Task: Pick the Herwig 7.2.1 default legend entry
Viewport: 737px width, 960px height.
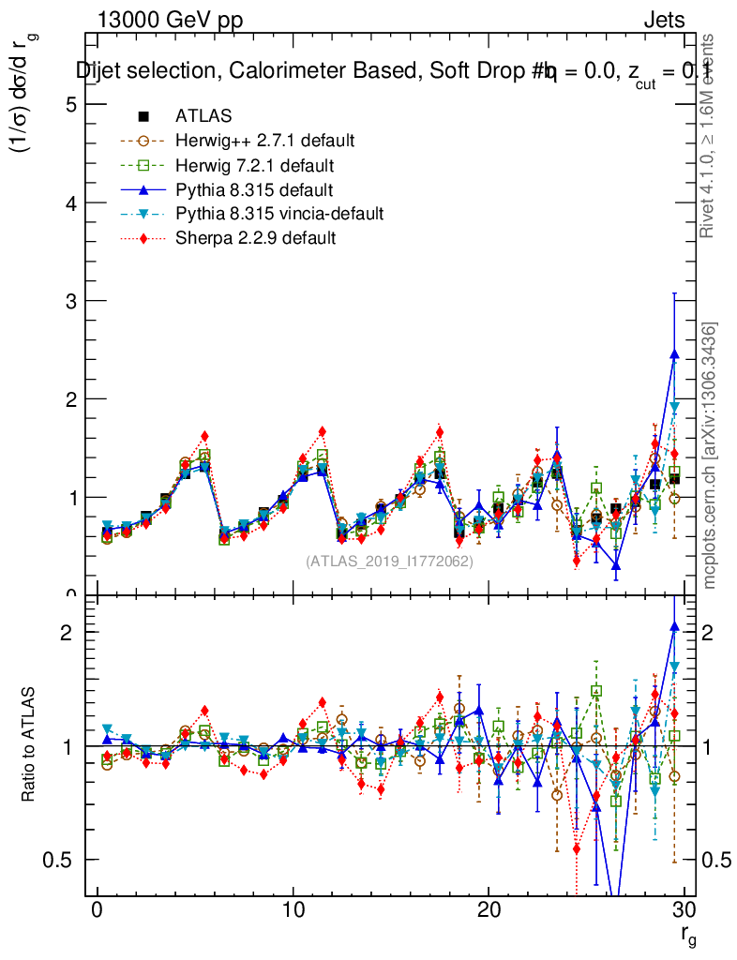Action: pos(254,165)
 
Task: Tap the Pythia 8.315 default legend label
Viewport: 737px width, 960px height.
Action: pos(254,189)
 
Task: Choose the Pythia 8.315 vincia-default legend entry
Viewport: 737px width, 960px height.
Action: pos(279,214)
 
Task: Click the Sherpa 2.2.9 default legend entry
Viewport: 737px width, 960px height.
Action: pos(256,238)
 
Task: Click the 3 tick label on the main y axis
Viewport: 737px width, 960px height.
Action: pos(69,301)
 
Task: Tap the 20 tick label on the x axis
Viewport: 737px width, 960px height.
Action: pos(489,910)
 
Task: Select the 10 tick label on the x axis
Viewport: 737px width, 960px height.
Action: pos(293,910)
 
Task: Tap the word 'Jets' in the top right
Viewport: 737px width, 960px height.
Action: pos(664,20)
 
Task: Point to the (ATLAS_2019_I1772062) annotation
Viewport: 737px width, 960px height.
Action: pos(389,562)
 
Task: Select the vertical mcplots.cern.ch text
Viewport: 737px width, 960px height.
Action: pos(710,456)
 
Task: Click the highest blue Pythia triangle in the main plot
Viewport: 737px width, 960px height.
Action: pos(674,354)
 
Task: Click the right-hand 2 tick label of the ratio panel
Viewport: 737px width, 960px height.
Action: pos(712,633)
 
